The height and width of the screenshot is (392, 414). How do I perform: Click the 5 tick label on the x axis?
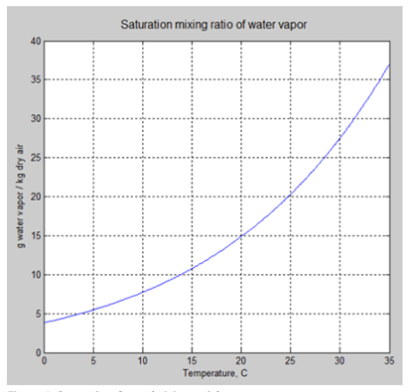pyautogui.click(x=92, y=361)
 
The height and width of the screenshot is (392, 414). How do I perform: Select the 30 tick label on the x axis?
pyautogui.click(x=338, y=361)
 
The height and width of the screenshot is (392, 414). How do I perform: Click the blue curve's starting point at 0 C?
pyautogui.click(x=44, y=322)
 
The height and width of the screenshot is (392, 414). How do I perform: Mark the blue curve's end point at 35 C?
pyautogui.click(x=386, y=65)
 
